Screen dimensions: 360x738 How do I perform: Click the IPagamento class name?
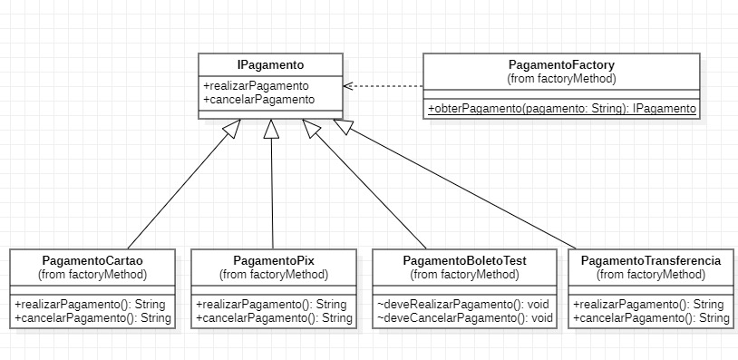click(x=271, y=65)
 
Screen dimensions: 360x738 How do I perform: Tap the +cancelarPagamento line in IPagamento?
click(x=258, y=99)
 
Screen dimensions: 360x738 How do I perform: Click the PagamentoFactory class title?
click(x=561, y=65)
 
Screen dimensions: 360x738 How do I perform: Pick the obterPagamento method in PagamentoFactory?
click(x=561, y=109)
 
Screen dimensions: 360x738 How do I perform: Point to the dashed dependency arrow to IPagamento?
click(x=384, y=86)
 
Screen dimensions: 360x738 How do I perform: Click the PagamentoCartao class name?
click(x=92, y=261)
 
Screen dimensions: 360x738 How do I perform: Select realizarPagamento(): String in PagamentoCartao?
click(x=92, y=305)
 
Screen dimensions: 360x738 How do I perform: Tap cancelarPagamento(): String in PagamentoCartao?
click(x=92, y=318)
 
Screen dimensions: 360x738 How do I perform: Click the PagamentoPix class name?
click(x=274, y=261)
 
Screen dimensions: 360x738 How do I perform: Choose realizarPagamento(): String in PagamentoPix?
click(x=274, y=305)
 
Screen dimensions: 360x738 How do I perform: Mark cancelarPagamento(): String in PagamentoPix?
click(x=274, y=318)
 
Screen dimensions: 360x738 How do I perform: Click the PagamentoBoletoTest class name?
click(x=464, y=261)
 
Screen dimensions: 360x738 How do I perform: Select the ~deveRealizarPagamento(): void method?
click(x=464, y=305)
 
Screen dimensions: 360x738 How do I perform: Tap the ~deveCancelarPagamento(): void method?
click(x=464, y=318)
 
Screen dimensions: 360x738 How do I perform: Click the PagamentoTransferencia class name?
click(x=650, y=261)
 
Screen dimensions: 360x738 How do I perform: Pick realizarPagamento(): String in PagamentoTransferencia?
click(x=650, y=305)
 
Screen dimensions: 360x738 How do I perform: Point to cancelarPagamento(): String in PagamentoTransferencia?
click(x=650, y=318)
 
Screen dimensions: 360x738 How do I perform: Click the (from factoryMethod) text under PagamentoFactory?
click(x=561, y=79)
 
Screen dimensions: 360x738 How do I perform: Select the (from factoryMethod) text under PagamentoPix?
click(x=274, y=274)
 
